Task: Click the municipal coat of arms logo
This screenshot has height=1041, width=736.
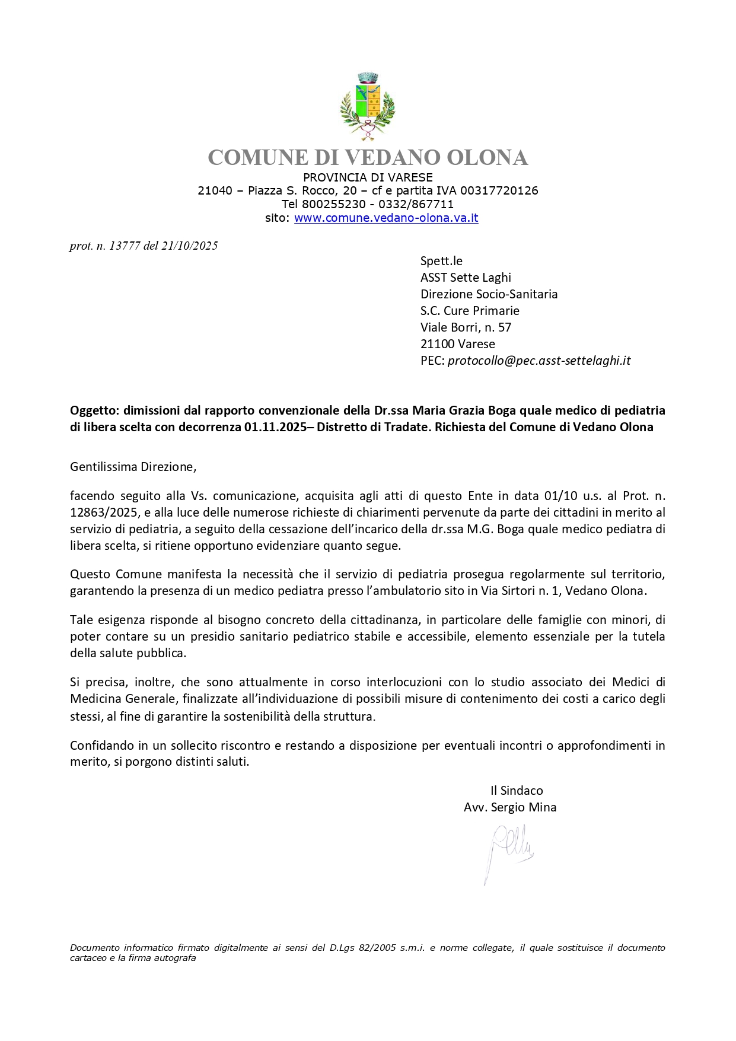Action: point(367,106)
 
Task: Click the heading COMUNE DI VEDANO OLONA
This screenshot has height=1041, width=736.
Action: point(368,158)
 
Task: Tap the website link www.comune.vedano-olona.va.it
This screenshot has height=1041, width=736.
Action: point(386,218)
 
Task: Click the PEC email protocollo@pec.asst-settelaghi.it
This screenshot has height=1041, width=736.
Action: point(539,360)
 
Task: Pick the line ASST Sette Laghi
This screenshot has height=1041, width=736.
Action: point(466,278)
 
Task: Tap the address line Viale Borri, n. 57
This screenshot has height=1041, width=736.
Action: point(466,327)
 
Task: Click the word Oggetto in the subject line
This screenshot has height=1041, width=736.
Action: point(95,410)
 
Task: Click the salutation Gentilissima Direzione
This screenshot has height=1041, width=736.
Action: point(133,467)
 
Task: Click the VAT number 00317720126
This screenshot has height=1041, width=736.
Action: point(499,190)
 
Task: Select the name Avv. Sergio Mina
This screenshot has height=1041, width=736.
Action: point(510,807)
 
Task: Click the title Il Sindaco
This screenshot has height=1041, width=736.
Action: point(517,791)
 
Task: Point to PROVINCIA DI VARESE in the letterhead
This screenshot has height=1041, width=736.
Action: point(368,177)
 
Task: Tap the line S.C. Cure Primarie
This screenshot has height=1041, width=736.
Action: point(470,311)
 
